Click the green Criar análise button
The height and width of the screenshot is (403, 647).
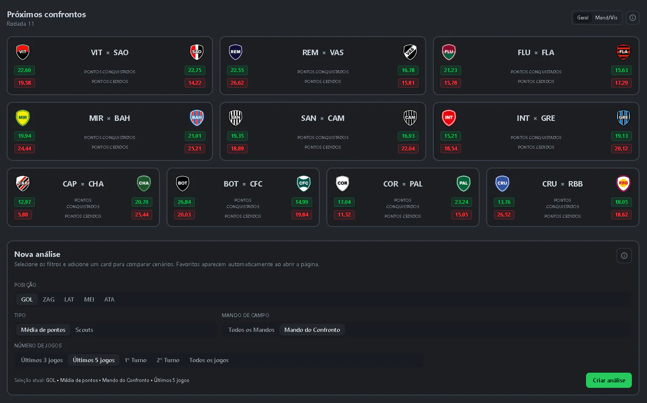(609, 380)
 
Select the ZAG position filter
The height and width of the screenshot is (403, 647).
(48, 299)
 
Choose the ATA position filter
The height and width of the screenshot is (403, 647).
(109, 299)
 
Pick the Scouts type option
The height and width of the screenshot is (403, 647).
(84, 330)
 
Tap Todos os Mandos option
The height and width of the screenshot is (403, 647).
(251, 330)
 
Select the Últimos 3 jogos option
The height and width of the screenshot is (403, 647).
(42, 360)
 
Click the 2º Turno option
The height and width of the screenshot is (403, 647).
(168, 360)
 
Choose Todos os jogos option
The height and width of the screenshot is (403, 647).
(209, 360)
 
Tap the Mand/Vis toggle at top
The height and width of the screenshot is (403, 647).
(606, 18)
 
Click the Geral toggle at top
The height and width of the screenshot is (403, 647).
(583, 18)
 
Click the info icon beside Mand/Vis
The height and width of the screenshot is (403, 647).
(633, 18)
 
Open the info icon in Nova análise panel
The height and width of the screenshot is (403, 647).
(624, 256)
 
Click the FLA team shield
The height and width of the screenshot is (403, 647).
(623, 52)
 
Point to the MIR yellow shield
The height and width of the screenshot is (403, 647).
(23, 117)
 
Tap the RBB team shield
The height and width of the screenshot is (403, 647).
(623, 184)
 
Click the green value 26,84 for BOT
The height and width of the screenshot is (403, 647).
(184, 202)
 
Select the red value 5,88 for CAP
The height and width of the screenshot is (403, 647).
(23, 215)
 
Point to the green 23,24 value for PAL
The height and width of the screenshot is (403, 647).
(461, 202)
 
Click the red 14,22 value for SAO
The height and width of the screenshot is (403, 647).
(195, 83)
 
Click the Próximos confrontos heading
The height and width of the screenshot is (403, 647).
(47, 14)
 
